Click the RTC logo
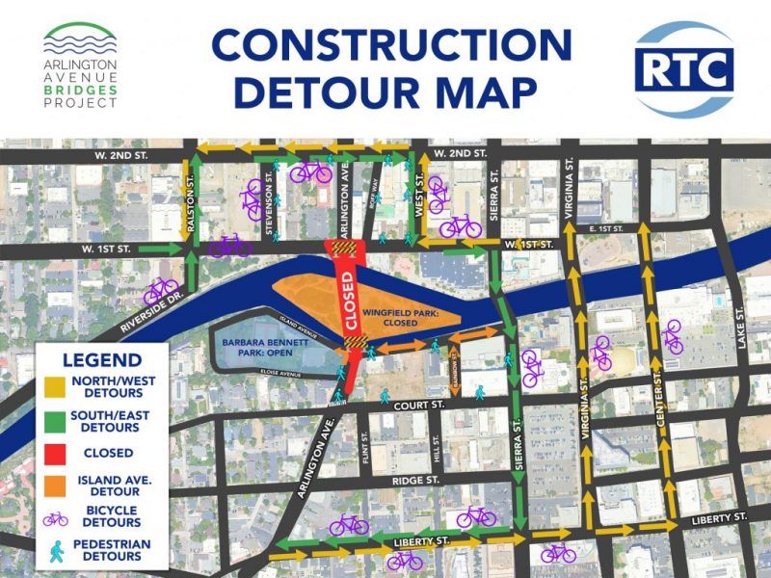pyautogui.click(x=685, y=69)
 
